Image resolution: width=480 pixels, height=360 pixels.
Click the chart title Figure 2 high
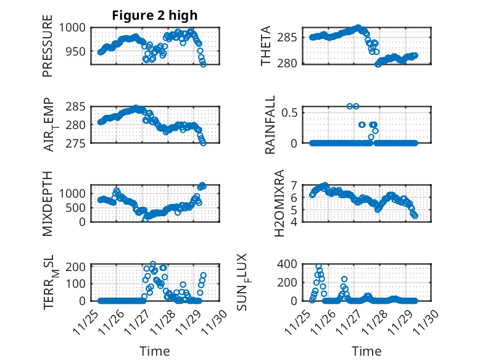(x=155, y=16)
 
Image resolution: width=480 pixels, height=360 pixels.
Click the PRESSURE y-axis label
(x=48, y=51)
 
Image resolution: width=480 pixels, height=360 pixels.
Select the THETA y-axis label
(x=266, y=45)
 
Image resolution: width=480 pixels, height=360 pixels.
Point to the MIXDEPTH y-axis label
(x=48, y=203)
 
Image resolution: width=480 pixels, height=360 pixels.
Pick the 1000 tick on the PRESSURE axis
(x=75, y=28)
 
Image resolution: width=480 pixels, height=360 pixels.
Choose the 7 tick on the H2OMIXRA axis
(x=294, y=185)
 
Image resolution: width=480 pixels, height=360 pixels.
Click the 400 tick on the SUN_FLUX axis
(x=289, y=264)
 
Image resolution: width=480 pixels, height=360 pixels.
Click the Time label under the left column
(x=155, y=351)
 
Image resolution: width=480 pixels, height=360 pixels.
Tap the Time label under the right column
(x=366, y=351)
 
